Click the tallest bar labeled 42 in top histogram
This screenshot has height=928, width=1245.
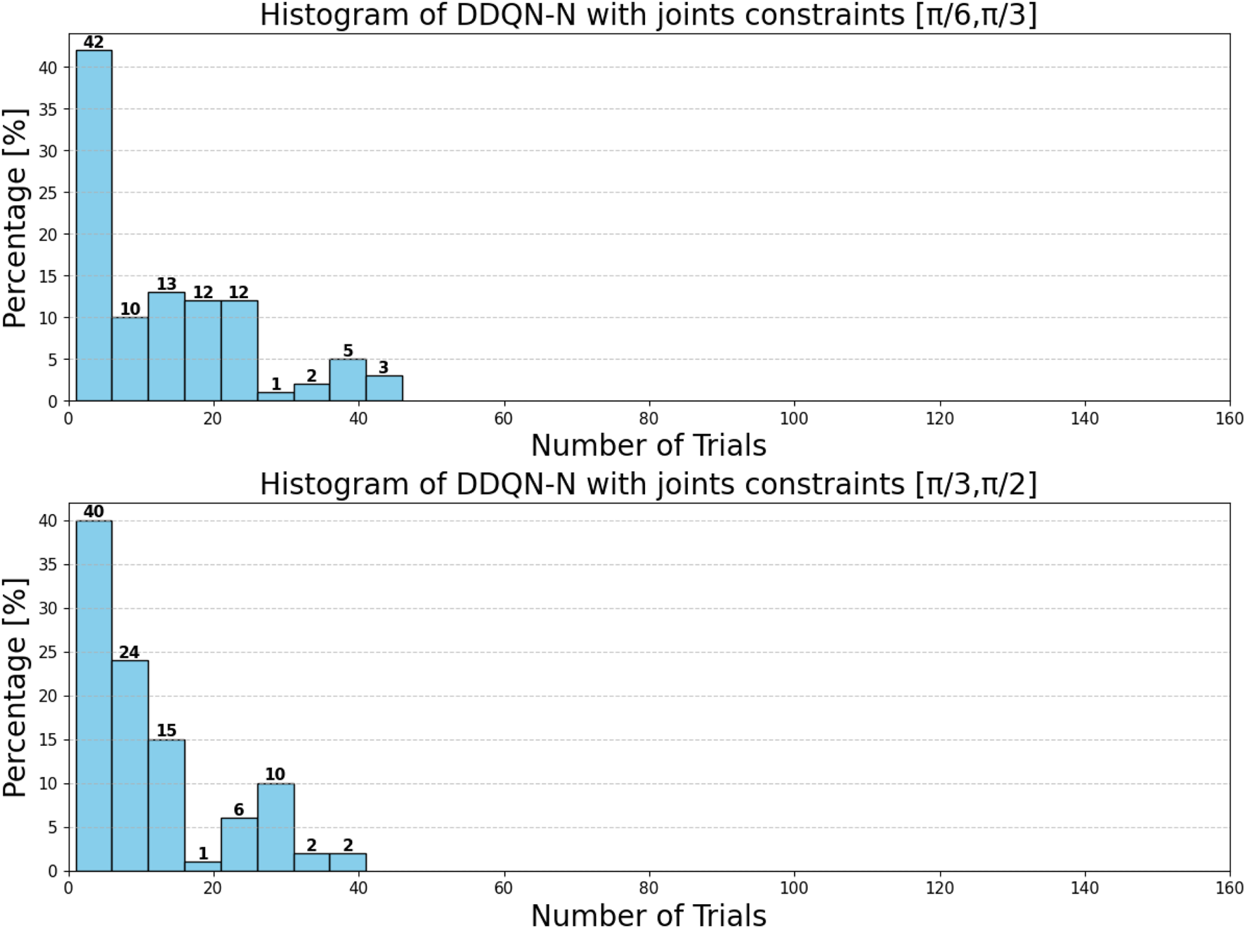(x=93, y=225)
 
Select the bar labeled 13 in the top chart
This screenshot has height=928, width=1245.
(x=167, y=347)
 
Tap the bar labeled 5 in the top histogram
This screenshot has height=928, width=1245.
(x=348, y=380)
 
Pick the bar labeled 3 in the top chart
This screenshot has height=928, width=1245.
(x=384, y=389)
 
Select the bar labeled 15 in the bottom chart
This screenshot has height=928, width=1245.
(x=167, y=805)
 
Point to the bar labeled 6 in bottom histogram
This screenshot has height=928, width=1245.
(x=239, y=844)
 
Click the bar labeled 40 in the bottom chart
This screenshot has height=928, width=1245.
(x=93, y=696)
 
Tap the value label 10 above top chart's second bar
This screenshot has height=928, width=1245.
(x=130, y=309)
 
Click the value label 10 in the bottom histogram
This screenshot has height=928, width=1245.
(x=275, y=774)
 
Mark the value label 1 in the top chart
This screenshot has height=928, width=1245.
(x=276, y=384)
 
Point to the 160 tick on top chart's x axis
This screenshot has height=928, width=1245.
(x=1229, y=419)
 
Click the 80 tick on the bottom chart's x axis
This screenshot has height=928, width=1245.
(x=648, y=888)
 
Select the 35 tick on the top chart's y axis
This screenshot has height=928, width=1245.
(x=48, y=109)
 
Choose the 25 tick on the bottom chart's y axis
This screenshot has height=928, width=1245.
(x=48, y=652)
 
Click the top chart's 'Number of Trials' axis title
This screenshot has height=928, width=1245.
(x=648, y=446)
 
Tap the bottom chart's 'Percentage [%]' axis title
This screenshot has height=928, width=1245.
(x=15, y=688)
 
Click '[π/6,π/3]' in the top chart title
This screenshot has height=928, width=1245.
(x=975, y=15)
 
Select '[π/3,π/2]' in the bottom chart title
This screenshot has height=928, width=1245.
(x=975, y=484)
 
